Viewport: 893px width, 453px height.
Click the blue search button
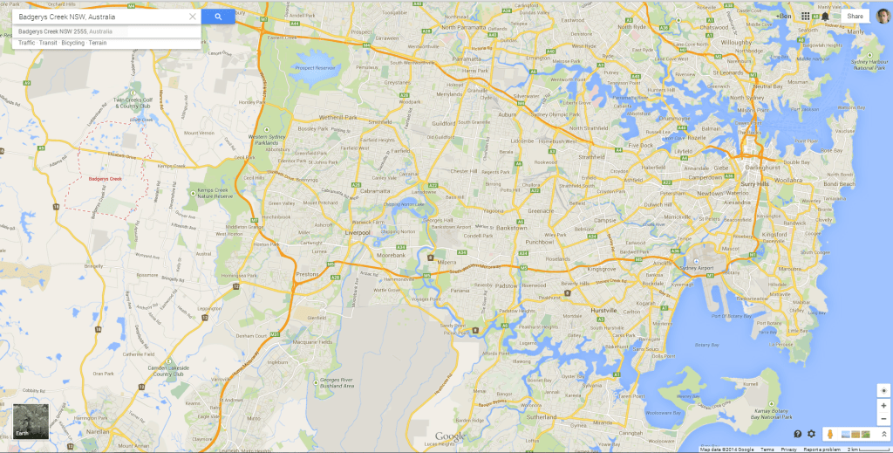point(217,17)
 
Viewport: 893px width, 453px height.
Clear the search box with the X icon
point(193,17)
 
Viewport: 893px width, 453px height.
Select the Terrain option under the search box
point(98,42)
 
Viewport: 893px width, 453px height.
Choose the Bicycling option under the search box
point(72,42)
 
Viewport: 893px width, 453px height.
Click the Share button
point(855,16)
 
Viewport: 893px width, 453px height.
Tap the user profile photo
point(883,16)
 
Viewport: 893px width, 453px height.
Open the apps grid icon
point(805,16)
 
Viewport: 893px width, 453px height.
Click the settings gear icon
point(811,434)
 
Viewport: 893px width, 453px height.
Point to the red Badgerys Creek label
point(106,179)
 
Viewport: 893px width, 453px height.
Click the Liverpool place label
point(358,233)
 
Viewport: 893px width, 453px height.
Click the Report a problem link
point(822,450)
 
